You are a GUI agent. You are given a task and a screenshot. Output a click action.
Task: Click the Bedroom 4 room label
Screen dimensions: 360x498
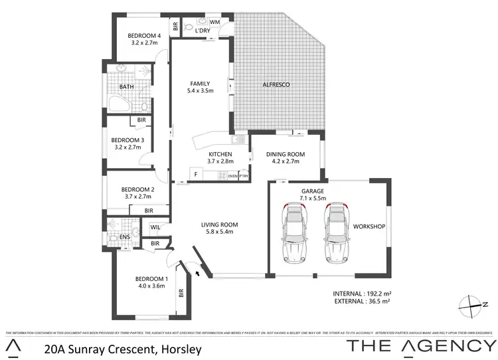[144, 36]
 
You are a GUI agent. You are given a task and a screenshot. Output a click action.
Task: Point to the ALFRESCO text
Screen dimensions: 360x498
[274, 85]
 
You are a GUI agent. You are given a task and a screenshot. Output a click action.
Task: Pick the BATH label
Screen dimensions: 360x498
[127, 87]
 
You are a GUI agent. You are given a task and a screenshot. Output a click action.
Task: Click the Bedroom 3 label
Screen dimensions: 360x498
[127, 140]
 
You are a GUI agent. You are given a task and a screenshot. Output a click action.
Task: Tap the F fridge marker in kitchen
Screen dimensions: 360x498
[196, 175]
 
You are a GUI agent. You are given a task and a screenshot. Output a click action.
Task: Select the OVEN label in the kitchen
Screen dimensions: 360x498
[232, 176]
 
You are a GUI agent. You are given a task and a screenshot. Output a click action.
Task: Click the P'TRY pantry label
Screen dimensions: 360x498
[244, 176]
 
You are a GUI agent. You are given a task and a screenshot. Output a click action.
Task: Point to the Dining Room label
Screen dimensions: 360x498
[286, 154]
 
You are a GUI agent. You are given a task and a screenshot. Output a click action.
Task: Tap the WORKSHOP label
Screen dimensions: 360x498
[369, 226]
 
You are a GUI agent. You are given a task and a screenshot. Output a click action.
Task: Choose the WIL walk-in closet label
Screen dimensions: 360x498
[155, 227]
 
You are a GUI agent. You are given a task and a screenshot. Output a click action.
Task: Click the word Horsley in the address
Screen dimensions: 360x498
[179, 348]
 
